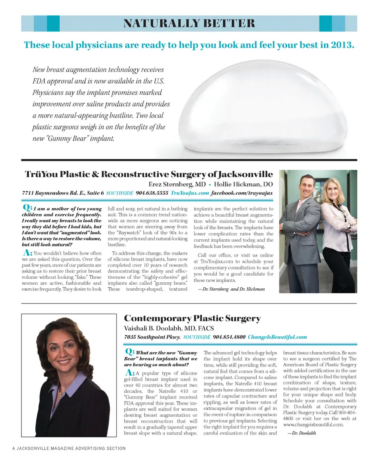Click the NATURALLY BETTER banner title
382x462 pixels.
[189, 23]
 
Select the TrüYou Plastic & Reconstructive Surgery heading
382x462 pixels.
[149, 174]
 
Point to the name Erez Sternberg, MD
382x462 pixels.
[177, 184]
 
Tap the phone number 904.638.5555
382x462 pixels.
[152, 193]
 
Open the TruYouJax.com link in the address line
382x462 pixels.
[190, 193]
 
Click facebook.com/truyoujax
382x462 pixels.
[242, 193]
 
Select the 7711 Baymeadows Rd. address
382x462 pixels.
[63, 193]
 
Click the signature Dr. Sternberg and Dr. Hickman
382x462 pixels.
[231, 289]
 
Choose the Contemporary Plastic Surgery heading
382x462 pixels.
[192, 319]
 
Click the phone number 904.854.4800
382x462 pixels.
[229, 337]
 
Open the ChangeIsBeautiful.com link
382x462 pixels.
[277, 337]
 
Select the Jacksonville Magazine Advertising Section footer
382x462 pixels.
[69, 448]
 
